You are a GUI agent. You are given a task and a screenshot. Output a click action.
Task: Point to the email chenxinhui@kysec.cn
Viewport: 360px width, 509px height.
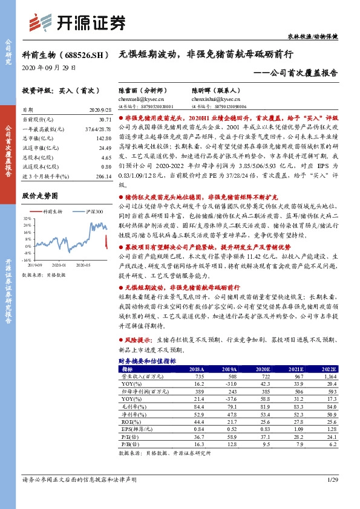215,99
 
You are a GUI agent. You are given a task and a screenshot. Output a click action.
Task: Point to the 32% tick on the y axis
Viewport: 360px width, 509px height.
28,218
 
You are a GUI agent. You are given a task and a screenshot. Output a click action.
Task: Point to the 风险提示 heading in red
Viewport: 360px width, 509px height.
138,341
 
